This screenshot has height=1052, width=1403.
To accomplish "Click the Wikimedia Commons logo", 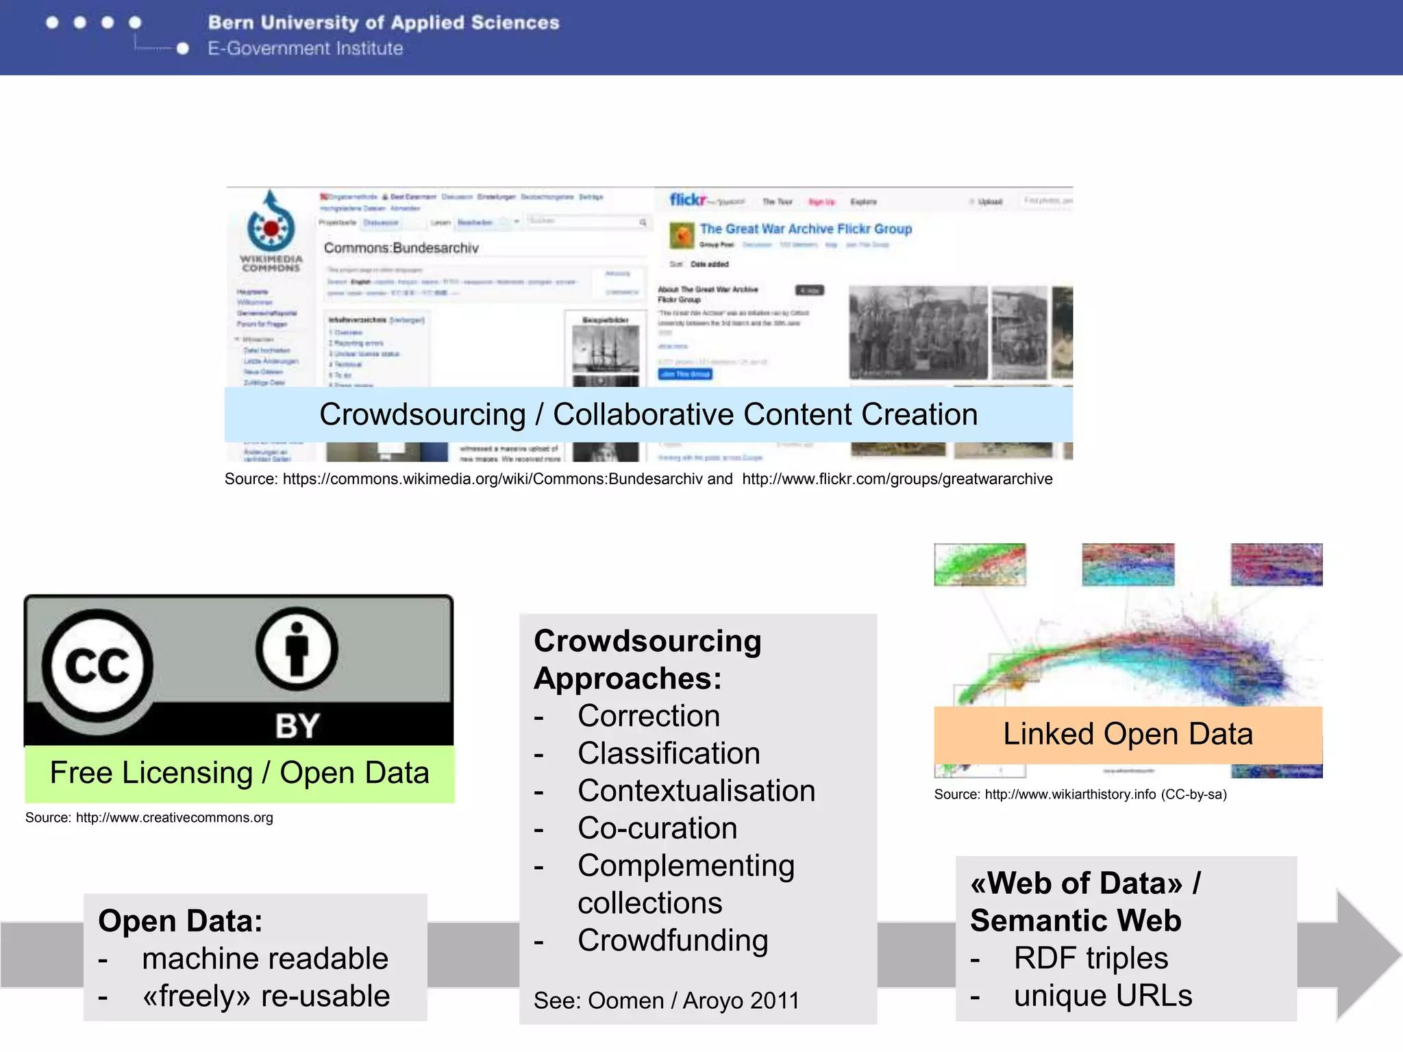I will click(x=271, y=229).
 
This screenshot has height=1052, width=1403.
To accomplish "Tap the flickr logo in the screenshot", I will click(x=687, y=199).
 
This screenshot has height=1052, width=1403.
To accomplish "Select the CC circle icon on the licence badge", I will click(x=97, y=665).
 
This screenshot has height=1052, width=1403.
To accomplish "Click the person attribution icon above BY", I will click(x=297, y=648).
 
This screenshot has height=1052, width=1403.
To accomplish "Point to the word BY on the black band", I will click(x=297, y=726).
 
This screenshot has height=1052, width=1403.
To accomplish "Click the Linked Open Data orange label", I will click(x=1128, y=734).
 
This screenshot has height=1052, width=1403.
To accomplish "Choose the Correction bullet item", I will click(x=648, y=716).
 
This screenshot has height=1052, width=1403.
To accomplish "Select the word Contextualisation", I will click(x=696, y=791).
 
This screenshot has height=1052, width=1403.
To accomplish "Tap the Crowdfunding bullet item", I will click(x=672, y=940).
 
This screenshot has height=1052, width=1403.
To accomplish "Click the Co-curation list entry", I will click(x=657, y=829).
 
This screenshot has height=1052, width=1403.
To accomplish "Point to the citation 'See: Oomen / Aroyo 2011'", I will click(x=667, y=1001).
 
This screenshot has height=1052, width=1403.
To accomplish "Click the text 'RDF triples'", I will click(x=1091, y=958).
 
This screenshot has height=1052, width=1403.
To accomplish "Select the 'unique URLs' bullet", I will click(x=1102, y=996).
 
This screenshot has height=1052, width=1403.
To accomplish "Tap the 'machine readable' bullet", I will click(x=265, y=959).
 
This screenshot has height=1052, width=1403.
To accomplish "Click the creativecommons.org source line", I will click(x=149, y=818).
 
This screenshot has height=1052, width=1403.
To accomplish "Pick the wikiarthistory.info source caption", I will click(x=1080, y=794).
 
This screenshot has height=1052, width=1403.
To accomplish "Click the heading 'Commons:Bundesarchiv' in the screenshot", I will click(x=401, y=248).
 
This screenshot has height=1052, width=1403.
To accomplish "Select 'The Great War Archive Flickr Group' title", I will click(x=806, y=229).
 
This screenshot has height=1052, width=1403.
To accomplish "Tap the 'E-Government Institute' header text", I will click(x=306, y=49).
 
